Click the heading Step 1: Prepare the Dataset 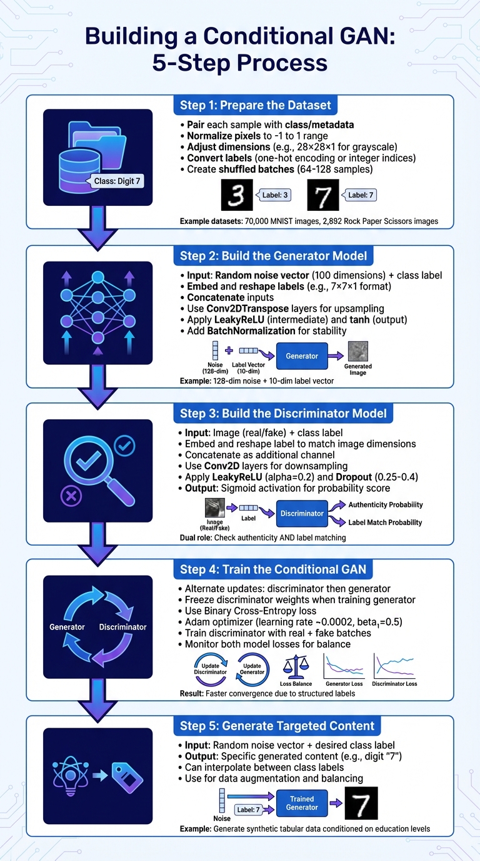click(x=256, y=105)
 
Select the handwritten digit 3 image click(x=236, y=195)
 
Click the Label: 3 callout click(x=275, y=195)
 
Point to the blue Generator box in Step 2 click(x=302, y=356)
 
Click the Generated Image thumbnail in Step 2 click(x=358, y=351)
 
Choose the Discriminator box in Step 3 click(x=302, y=513)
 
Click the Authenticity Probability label click(x=385, y=505)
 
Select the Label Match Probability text click(x=385, y=522)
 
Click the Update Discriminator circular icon click(x=210, y=669)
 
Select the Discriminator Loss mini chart click(x=394, y=667)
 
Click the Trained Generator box click(x=302, y=803)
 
